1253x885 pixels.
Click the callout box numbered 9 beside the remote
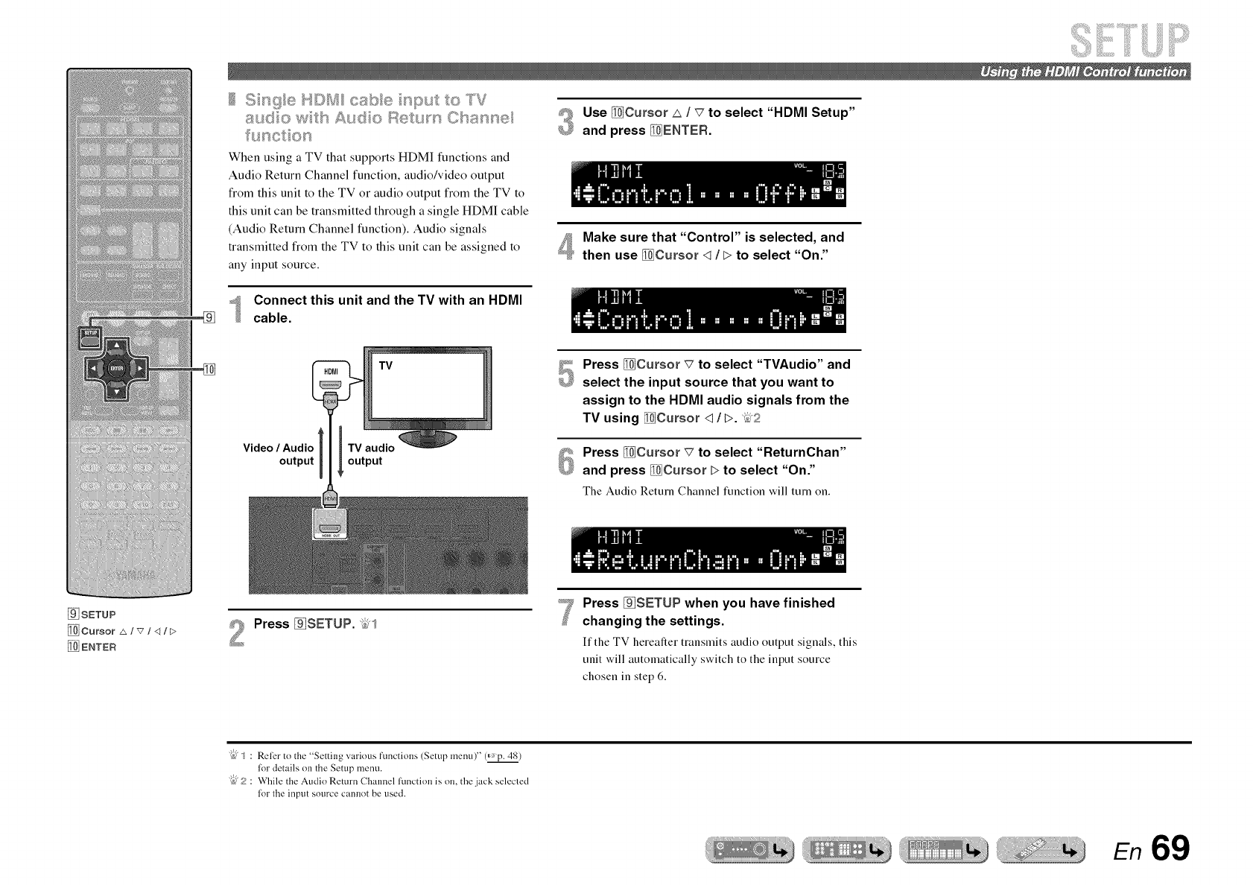tap(209, 317)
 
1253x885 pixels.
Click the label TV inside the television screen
tap(386, 366)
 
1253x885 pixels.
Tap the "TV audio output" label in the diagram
tap(370, 454)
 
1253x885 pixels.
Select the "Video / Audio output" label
tap(279, 454)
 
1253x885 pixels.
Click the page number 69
tap(1170, 848)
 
